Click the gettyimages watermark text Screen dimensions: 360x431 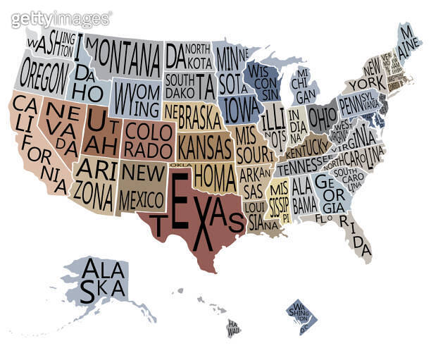click(61, 18)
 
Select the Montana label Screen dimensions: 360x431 click(125, 51)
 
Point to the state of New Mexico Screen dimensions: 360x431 click(140, 185)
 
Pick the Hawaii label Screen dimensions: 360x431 click(233, 326)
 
